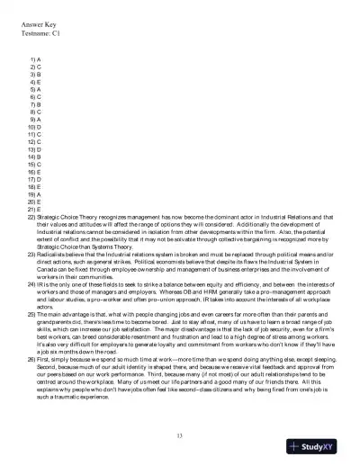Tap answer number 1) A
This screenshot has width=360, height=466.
point(35,58)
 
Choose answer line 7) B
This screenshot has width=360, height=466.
point(35,103)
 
